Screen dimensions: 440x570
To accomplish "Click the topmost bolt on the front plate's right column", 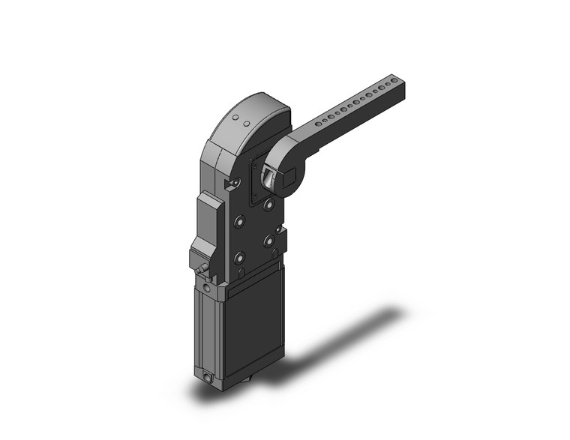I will (x=268, y=204).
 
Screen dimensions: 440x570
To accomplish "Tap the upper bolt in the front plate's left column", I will (x=240, y=221).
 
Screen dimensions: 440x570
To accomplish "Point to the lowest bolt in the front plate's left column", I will (x=240, y=257).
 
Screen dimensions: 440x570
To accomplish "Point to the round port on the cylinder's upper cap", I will (x=207, y=286).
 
